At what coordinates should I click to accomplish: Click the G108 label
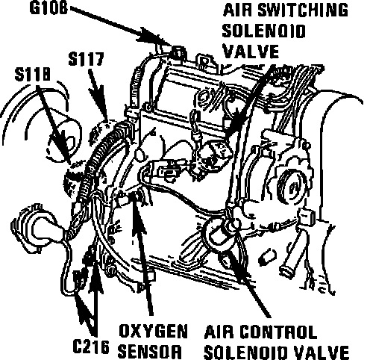point(48,8)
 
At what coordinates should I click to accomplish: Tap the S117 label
point(86,59)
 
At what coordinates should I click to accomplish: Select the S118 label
point(32,74)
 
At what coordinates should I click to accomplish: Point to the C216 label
point(91,347)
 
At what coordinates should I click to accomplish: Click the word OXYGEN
point(153,331)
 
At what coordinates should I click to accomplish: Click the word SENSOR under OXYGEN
point(149,351)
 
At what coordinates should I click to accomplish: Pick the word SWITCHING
point(303,10)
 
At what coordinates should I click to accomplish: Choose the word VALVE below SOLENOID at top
point(251,51)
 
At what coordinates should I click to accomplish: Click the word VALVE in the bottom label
point(321,352)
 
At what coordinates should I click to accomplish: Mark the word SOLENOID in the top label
point(263,31)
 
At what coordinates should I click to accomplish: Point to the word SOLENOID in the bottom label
point(247,352)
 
